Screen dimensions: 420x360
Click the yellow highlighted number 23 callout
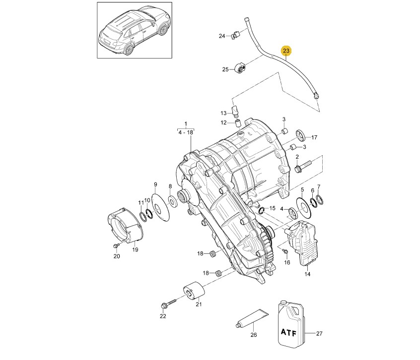tap(286, 51)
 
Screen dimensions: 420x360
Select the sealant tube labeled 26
tap(252, 318)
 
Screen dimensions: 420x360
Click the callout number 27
tap(319, 334)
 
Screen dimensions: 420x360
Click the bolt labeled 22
tap(168, 303)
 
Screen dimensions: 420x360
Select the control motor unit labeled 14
tap(301, 243)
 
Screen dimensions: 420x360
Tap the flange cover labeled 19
tap(125, 225)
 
